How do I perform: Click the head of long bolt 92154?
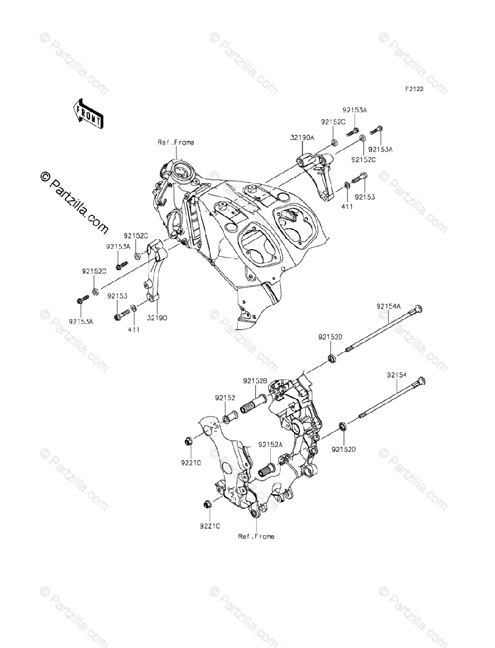point(422,381)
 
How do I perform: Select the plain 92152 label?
point(224,397)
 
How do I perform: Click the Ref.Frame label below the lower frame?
point(256,536)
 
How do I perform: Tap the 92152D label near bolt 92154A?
point(330,337)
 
